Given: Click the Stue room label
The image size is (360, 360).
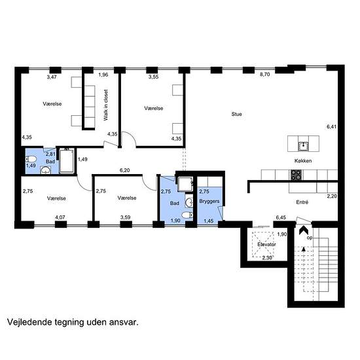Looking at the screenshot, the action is point(236,114).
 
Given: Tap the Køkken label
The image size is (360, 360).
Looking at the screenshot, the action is point(303,161).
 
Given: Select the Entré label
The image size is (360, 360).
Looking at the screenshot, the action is point(302,202).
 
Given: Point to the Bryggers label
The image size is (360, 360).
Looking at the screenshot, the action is point(209,202).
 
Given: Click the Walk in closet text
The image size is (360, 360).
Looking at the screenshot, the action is point(105,105).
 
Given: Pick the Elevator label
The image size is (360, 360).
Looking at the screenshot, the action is point(266,245).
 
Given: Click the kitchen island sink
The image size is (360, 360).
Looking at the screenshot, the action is point(303,146).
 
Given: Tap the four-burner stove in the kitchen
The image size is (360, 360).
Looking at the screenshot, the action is point(296,175).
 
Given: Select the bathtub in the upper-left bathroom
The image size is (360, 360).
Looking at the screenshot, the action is point(67,160).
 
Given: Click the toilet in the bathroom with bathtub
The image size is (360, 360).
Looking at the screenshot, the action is point(31,159).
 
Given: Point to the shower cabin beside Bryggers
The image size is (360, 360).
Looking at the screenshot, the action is point(185,184).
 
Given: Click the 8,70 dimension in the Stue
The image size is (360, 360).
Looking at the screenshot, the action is point(264,75).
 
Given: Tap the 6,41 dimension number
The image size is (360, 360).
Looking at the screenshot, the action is point(332,126).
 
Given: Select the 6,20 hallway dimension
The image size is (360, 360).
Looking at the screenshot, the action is point(124,170).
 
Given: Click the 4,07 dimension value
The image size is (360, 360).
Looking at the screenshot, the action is point(60,217).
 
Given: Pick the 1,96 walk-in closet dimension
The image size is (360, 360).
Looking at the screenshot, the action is point(103,75).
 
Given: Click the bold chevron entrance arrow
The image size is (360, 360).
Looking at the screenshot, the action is point(304,230).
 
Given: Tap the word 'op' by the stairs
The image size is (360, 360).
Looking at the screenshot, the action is point(310,238).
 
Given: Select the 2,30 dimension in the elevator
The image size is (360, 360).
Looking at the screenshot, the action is point(267,258).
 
